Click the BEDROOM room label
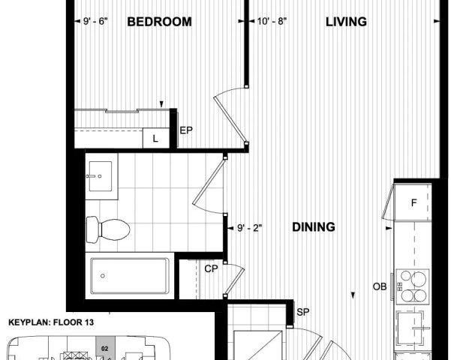click(x=159, y=22)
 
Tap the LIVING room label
click(x=346, y=22)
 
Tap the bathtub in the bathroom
click(x=129, y=276)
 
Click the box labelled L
click(x=155, y=138)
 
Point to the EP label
click(x=186, y=130)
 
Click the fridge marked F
click(x=413, y=202)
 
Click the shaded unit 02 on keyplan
click(x=105, y=349)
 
